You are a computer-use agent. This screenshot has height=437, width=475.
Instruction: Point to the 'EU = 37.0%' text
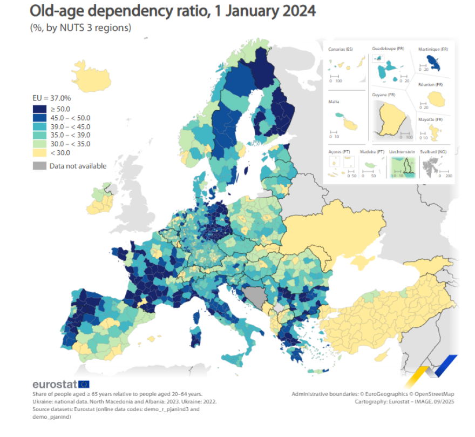click(52, 98)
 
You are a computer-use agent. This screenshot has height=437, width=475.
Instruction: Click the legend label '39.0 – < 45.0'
click(70, 126)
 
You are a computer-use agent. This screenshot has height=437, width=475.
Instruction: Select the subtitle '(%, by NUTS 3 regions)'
click(81, 28)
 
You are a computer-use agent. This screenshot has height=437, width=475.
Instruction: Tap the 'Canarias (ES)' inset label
click(341, 50)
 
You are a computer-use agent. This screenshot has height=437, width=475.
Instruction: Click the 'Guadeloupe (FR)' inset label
click(388, 49)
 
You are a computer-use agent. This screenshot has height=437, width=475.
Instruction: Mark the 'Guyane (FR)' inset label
click(384, 95)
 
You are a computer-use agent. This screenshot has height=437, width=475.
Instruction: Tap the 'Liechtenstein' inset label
click(402, 152)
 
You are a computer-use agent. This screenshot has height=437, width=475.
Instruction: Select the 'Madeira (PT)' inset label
click(372, 152)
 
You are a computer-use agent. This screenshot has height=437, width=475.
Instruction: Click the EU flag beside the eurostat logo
click(84, 385)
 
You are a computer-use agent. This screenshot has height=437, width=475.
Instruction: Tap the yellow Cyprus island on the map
click(382, 354)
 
